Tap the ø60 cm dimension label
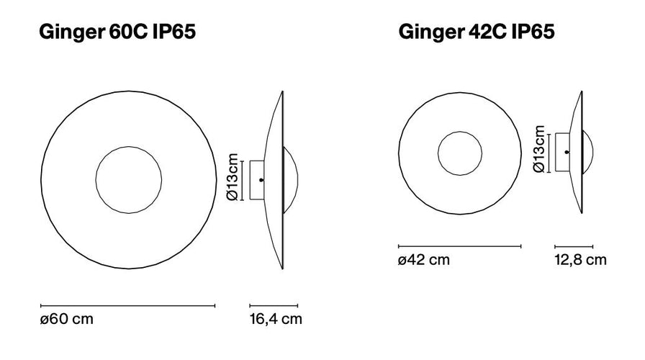point(67,318)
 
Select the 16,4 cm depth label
point(276,318)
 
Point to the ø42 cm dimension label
point(424,260)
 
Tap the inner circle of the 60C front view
point(127,179)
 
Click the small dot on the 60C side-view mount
point(261,179)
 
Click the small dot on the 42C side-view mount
point(567,153)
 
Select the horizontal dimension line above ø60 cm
point(127,306)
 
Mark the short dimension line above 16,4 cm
point(274,306)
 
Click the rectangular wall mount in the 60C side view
point(256,179)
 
